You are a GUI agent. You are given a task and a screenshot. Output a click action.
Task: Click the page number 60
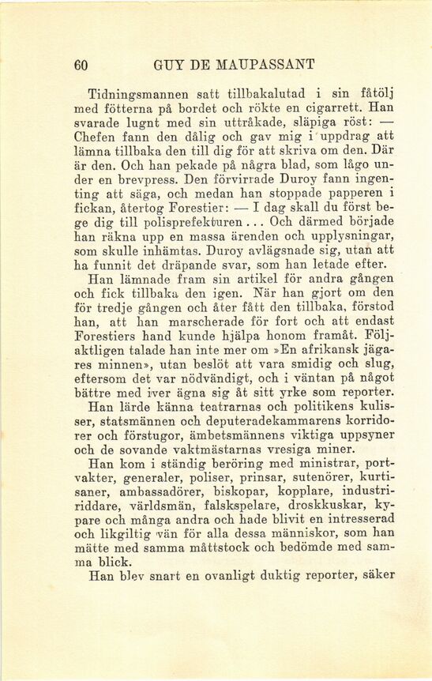[x=79, y=65]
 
